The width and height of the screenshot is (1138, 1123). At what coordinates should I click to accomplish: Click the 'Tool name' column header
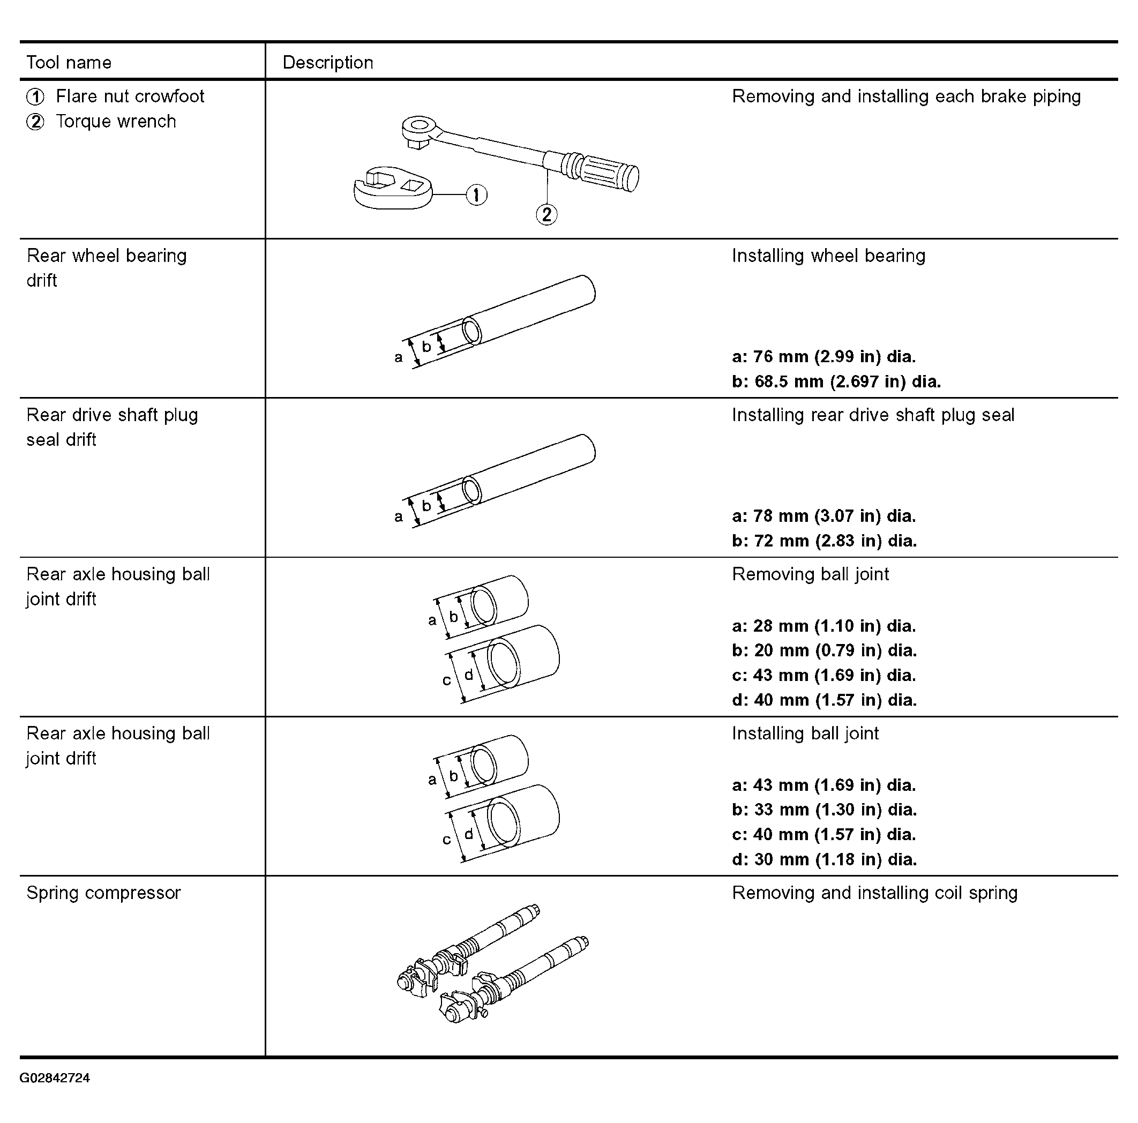click(69, 63)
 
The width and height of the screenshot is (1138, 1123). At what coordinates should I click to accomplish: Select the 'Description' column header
click(328, 63)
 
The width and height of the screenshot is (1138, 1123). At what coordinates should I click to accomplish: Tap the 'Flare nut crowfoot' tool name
click(130, 96)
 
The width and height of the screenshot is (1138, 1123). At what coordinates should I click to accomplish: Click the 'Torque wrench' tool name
click(116, 121)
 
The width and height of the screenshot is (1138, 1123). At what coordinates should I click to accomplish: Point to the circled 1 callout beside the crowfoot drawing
click(476, 195)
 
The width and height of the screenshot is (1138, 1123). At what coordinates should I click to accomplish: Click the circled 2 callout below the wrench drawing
click(546, 214)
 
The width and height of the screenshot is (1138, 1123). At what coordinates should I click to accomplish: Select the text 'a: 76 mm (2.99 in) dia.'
click(824, 356)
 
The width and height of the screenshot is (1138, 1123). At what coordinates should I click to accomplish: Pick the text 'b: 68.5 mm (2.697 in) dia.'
click(836, 381)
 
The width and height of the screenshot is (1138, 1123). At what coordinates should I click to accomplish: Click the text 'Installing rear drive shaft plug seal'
click(873, 415)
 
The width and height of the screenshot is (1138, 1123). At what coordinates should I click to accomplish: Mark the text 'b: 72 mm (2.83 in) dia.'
click(825, 541)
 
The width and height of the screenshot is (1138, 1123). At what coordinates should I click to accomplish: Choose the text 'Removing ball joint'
click(811, 574)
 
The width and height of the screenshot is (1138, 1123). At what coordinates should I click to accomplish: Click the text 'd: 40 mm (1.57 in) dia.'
click(825, 700)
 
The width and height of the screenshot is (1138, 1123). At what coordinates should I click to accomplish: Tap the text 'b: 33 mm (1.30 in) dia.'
click(825, 809)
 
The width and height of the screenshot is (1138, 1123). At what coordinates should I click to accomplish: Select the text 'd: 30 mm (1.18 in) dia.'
click(825, 859)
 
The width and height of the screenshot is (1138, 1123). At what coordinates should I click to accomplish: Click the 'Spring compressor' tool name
click(103, 893)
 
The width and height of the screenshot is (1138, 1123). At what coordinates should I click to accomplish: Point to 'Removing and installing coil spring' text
click(875, 893)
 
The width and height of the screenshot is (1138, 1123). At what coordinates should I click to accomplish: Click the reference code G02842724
click(55, 1077)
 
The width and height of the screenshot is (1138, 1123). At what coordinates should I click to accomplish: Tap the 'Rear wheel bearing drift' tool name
click(107, 268)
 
